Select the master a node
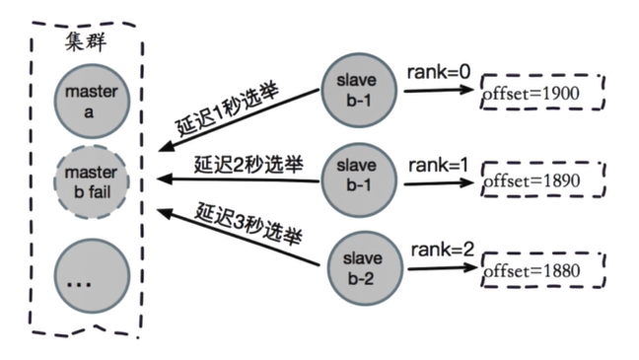click(92, 100)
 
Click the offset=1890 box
click(540, 182)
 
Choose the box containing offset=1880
click(540, 268)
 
